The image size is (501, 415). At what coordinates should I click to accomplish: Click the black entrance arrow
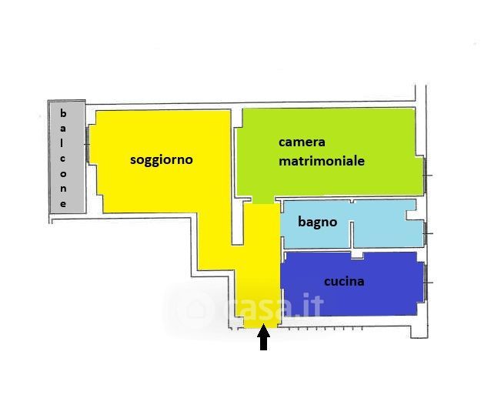pyautogui.click(x=263, y=338)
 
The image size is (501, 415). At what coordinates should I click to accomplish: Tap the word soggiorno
pyautogui.click(x=161, y=160)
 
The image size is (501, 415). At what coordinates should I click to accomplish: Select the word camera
pyautogui.click(x=302, y=142)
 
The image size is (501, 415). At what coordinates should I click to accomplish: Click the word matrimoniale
pyautogui.click(x=321, y=162)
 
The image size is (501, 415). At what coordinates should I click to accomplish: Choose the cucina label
pyautogui.click(x=344, y=282)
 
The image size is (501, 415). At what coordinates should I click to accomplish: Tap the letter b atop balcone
pyautogui.click(x=64, y=114)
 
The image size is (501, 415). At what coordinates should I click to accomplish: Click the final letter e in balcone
pyautogui.click(x=64, y=204)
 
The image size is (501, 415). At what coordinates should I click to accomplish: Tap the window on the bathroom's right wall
pyautogui.click(x=426, y=232)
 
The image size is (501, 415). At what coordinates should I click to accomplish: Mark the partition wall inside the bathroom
pyautogui.click(x=353, y=231)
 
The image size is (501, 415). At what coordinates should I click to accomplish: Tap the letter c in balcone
pyautogui.click(x=64, y=159)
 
